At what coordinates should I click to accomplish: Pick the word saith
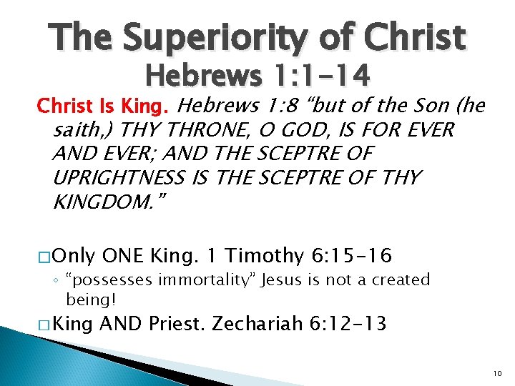82,131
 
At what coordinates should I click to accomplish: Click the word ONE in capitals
126,255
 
